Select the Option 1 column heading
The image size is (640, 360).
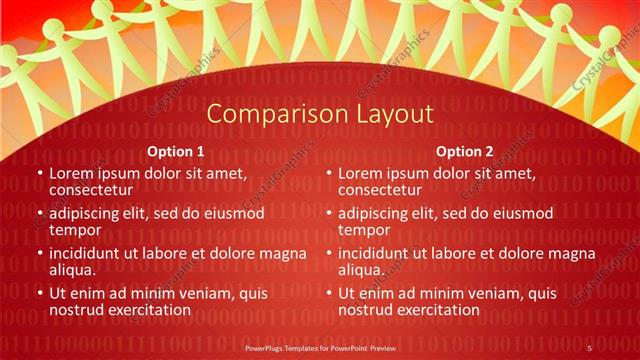click(176, 152)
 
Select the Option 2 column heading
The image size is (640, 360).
click(465, 152)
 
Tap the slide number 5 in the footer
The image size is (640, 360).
click(589, 347)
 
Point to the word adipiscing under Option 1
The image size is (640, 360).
click(90, 213)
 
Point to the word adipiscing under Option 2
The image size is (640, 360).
click(379, 213)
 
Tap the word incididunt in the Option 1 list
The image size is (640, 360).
click(90, 253)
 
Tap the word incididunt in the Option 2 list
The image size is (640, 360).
click(379, 253)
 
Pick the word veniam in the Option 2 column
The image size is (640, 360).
click(485, 293)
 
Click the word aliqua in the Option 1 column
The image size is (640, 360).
click(73, 269)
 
